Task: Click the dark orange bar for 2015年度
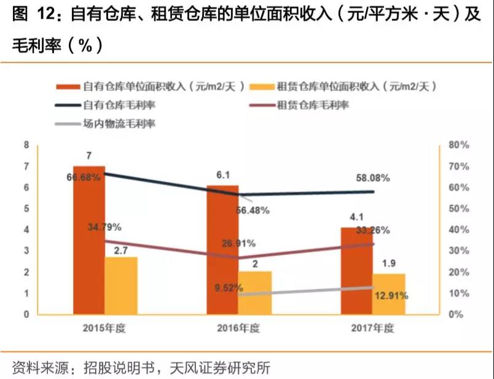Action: (89, 240)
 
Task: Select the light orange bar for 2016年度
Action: (255, 293)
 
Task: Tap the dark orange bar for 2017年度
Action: (356, 270)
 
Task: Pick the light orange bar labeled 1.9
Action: (389, 294)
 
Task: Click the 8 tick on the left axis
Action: (26, 145)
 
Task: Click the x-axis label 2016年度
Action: (238, 327)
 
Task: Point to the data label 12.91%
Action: (390, 296)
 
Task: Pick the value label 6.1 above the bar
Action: (222, 176)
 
